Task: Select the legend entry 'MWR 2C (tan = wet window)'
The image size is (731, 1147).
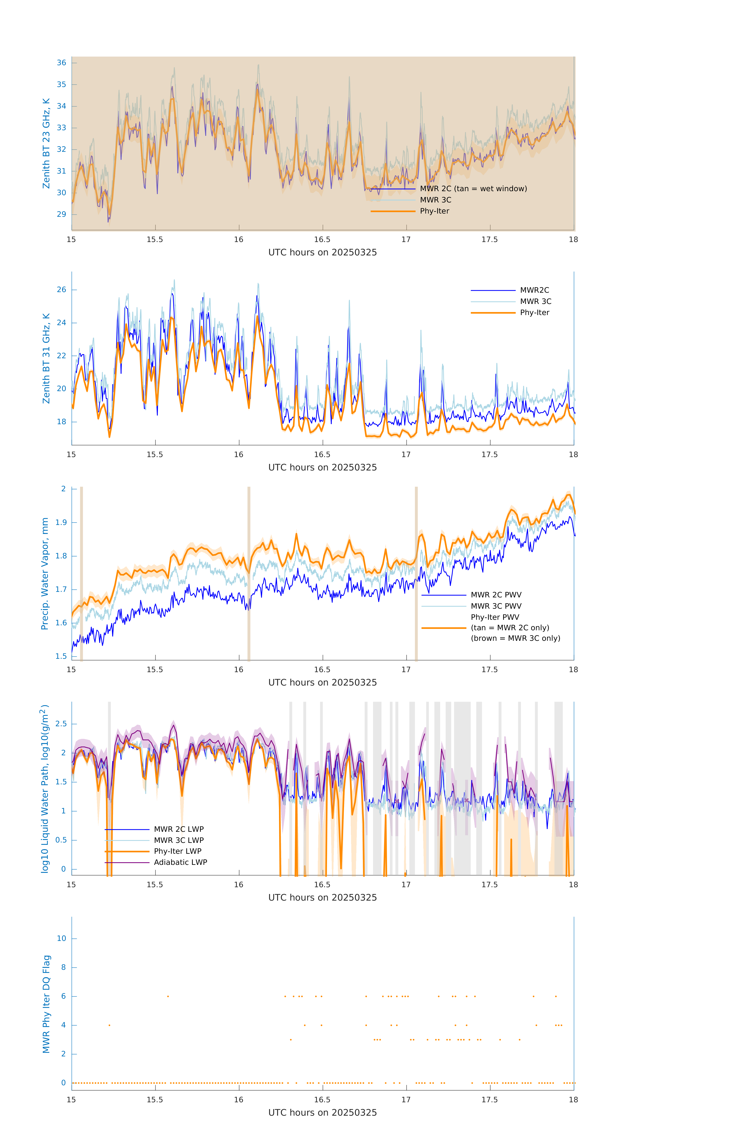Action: pos(473,189)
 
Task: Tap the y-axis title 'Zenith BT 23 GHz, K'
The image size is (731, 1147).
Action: pos(46,143)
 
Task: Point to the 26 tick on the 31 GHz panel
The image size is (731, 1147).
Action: pos(61,290)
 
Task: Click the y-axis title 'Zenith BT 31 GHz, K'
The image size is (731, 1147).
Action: pos(46,358)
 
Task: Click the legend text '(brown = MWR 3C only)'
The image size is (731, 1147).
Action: pos(515,638)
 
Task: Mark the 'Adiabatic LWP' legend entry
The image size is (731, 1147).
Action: pos(180,862)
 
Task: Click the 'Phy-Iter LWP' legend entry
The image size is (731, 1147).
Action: pos(178,851)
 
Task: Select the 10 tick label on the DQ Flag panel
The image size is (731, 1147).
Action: pos(61,938)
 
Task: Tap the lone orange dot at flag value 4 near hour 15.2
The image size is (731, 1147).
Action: pos(110,1025)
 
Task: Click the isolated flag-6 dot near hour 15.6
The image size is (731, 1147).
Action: pos(168,996)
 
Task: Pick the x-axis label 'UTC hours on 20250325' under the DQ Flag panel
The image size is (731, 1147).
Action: pos(322,1113)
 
